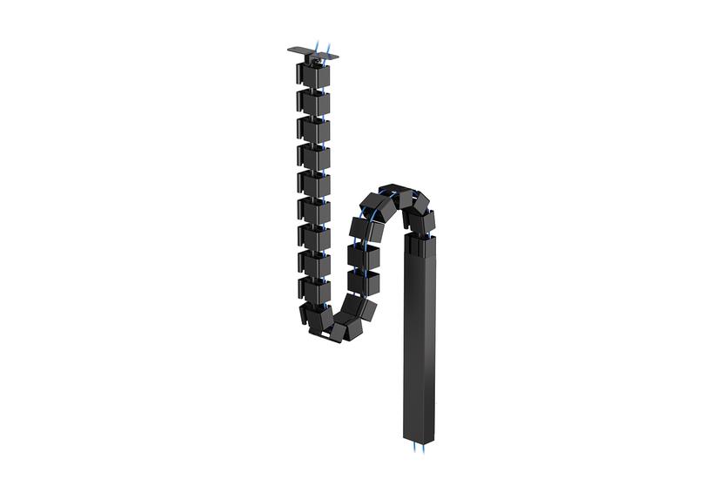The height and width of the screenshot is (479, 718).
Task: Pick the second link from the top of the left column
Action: [312, 100]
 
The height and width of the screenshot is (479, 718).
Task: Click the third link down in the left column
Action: [312, 129]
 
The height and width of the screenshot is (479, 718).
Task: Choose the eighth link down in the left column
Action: [312, 264]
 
